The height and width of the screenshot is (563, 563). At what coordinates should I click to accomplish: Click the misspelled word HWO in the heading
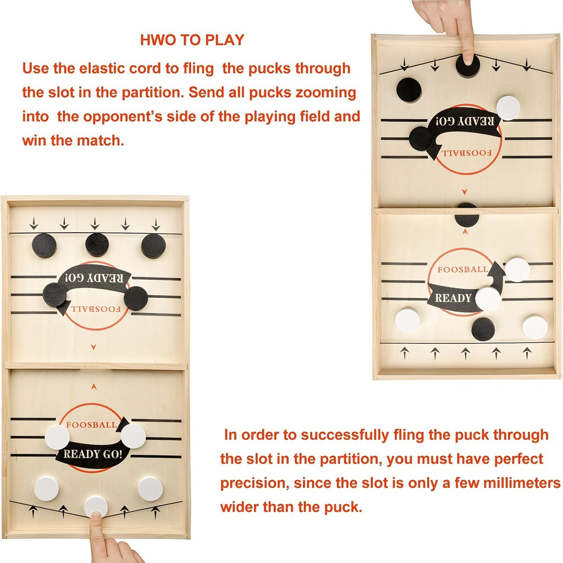click(x=156, y=40)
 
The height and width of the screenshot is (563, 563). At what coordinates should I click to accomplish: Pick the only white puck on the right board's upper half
click(x=508, y=107)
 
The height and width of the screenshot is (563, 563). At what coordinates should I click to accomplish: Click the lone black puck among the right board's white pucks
click(x=483, y=329)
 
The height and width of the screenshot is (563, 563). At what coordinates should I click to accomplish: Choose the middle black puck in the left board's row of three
click(x=97, y=245)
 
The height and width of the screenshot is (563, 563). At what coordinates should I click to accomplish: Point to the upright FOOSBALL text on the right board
click(x=462, y=270)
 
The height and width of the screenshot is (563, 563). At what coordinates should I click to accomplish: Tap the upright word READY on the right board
click(x=453, y=298)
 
